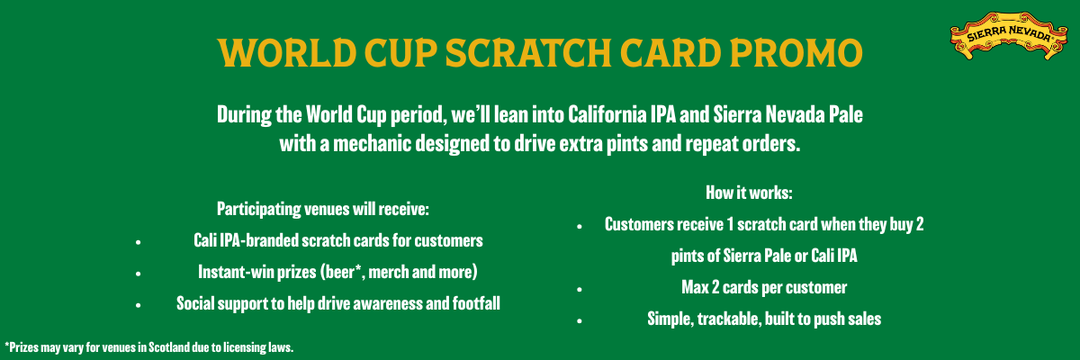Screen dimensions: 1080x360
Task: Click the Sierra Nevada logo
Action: click(x=1009, y=36)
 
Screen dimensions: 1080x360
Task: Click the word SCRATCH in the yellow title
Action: click(x=528, y=52)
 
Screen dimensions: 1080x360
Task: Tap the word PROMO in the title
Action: click(x=796, y=52)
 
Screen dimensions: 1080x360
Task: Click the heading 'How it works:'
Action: click(x=749, y=193)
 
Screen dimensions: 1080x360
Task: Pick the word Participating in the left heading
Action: click(x=259, y=210)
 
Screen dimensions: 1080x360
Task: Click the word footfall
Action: click(x=476, y=303)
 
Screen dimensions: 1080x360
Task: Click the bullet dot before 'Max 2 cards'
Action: click(x=580, y=290)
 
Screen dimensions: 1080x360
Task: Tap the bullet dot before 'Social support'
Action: click(x=139, y=305)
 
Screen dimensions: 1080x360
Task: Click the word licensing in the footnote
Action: click(x=240, y=348)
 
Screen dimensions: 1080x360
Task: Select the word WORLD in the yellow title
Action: click(x=287, y=52)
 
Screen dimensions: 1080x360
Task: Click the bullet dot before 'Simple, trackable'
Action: click(x=580, y=321)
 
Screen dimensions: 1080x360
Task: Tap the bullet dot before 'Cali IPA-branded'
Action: click(x=139, y=242)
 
